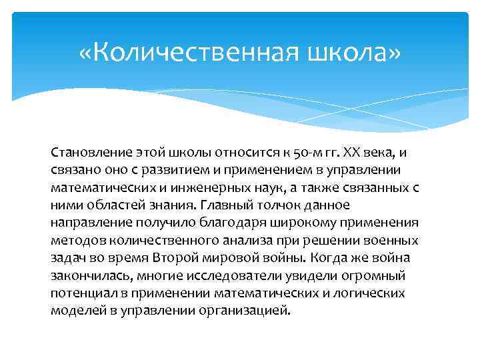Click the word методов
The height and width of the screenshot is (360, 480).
point(75,240)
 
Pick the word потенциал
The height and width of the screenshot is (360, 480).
point(82,292)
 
